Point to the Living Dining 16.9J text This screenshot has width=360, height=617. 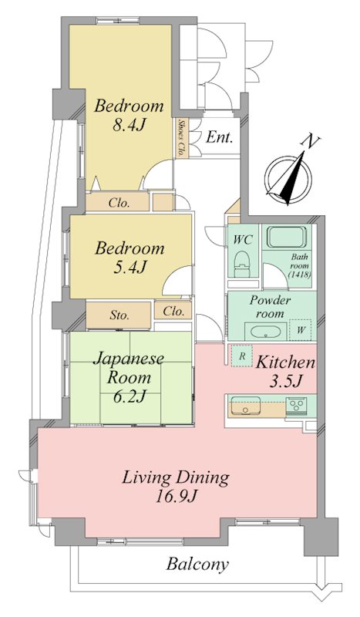(x=175, y=487)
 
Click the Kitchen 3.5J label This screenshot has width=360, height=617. (x=286, y=371)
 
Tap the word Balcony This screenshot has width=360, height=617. (x=197, y=565)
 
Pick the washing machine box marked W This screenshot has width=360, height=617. (x=300, y=330)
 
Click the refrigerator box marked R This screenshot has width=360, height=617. (x=242, y=356)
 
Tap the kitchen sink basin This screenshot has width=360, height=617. (x=245, y=406)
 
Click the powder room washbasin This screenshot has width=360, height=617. (x=266, y=332)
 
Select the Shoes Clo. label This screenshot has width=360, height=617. (x=182, y=138)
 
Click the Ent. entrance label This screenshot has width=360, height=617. (x=220, y=137)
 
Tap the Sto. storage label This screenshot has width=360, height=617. (x=119, y=315)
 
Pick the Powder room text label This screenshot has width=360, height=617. (x=271, y=307)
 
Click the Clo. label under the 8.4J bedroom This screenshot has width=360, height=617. (x=119, y=203)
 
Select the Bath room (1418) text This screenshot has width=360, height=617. (x=299, y=266)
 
